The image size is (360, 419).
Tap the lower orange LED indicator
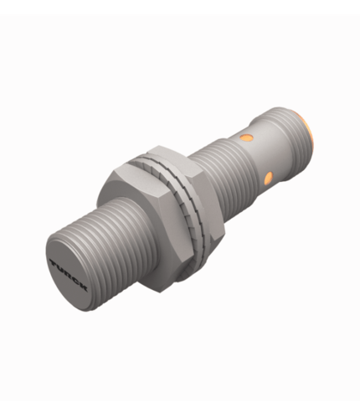(x=268, y=178)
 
